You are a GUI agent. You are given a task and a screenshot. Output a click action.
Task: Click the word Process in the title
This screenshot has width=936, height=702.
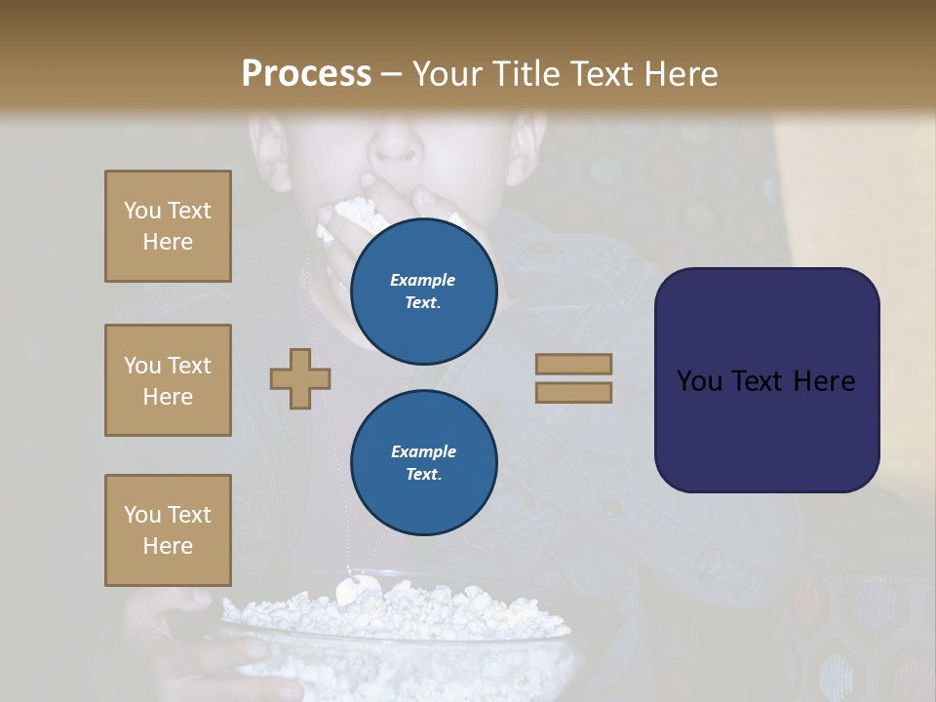pyautogui.click(x=306, y=74)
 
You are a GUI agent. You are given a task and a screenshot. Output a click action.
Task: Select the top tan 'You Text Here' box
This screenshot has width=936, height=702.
pyautogui.click(x=168, y=226)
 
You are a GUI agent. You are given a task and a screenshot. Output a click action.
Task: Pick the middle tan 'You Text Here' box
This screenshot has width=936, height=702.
pyautogui.click(x=168, y=380)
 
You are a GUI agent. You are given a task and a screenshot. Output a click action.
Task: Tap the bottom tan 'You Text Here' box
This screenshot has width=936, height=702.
pyautogui.click(x=168, y=530)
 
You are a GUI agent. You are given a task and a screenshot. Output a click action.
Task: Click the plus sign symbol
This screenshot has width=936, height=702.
pyautogui.click(x=300, y=379)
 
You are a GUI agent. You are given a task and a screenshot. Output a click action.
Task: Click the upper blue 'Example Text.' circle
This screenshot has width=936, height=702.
pyautogui.click(x=424, y=291)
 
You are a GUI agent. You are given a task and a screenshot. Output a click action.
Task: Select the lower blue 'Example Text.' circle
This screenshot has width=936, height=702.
pyautogui.click(x=424, y=462)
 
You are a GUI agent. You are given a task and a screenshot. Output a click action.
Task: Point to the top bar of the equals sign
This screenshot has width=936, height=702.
pyautogui.click(x=574, y=364)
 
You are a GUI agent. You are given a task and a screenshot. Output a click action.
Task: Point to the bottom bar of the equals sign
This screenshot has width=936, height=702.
pyautogui.click(x=574, y=392)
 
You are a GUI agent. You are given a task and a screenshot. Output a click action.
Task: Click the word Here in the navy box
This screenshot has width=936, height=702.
pyautogui.click(x=824, y=381)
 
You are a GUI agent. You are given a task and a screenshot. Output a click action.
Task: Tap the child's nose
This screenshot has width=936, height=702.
pyautogui.click(x=395, y=146)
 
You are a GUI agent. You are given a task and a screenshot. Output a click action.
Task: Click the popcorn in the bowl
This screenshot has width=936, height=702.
pyautogui.click(x=409, y=614)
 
